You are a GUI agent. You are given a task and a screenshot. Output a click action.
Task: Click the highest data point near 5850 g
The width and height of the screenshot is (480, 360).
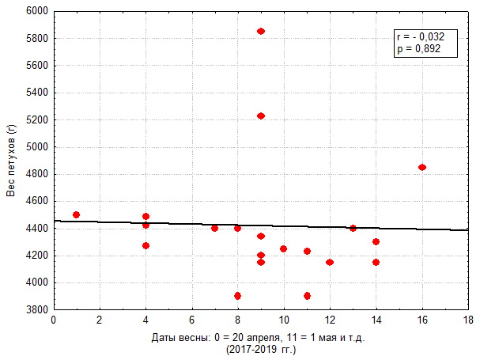point(261,31)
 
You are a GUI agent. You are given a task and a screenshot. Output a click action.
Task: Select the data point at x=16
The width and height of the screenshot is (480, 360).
point(422,167)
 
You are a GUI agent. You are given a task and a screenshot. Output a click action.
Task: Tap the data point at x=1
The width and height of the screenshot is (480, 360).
point(76,214)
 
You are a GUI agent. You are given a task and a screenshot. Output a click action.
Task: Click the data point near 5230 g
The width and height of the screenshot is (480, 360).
point(261,116)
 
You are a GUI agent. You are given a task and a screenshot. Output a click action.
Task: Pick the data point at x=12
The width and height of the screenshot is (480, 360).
point(330,262)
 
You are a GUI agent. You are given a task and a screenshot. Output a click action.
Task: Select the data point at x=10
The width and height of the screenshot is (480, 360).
point(283,248)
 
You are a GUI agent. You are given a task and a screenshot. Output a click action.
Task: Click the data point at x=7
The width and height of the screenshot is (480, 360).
point(214,228)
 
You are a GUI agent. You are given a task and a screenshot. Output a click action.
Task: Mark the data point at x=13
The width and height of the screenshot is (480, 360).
point(353,228)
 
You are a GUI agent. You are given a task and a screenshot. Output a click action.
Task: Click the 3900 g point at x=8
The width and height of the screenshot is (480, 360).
point(237,296)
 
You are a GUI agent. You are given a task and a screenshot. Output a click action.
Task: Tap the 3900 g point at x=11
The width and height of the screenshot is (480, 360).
point(307,296)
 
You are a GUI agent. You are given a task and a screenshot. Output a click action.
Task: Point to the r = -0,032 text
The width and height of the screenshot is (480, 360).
point(416,36)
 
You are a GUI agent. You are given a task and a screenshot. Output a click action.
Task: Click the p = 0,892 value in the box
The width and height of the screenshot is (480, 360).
point(416,48)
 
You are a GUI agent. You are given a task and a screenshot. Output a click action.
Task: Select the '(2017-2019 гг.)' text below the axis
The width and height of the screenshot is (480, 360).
point(260,349)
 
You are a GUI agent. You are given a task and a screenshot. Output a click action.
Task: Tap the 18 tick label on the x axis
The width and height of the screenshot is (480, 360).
point(468,320)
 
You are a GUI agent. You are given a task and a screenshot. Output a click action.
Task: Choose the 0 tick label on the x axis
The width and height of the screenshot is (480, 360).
point(53,320)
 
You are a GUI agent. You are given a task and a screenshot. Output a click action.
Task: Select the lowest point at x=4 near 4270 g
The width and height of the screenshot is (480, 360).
point(146,245)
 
